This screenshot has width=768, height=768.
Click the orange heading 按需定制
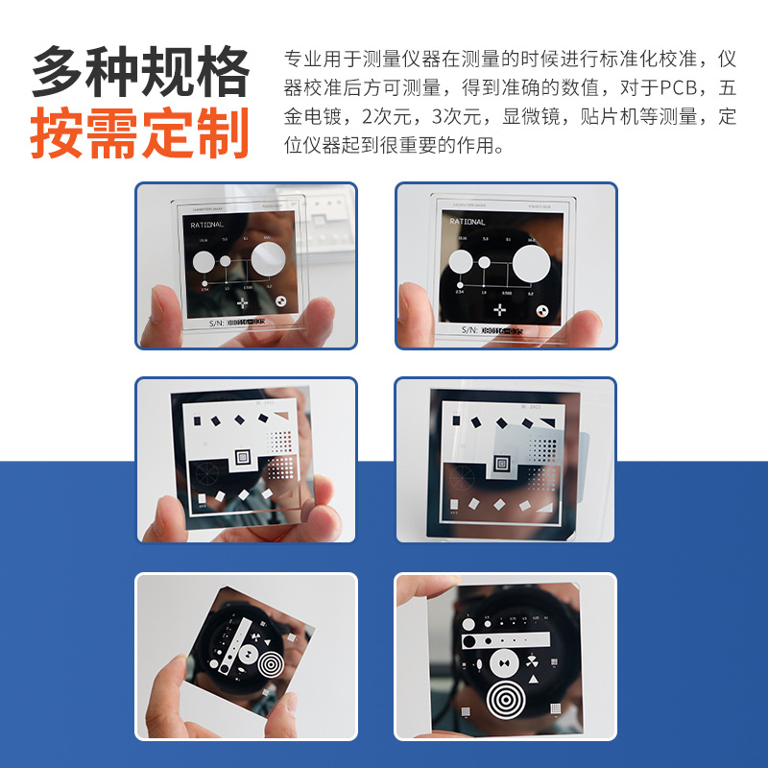[140, 135]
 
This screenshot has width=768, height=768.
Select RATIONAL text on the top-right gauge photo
[468, 222]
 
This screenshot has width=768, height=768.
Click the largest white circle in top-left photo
[268, 258]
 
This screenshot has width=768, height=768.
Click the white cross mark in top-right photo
[499, 309]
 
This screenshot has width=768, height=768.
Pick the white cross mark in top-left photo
[241, 303]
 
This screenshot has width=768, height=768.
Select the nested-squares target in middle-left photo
[241, 459]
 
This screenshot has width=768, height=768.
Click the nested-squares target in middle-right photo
[501, 465]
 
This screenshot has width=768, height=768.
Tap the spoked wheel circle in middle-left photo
[205, 472]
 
